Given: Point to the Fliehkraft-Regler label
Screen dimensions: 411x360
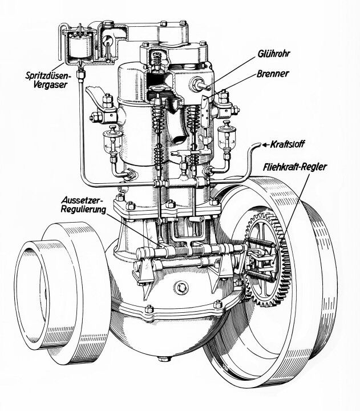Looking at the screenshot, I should pos(298,168).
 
